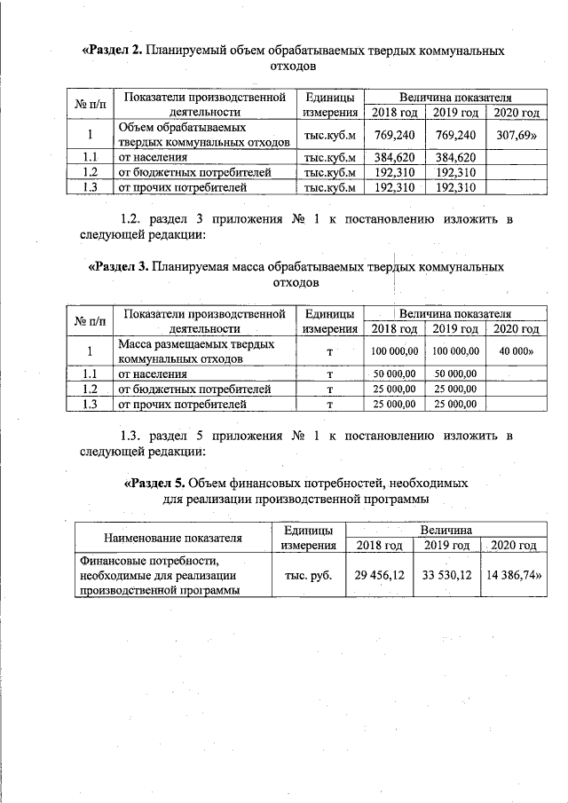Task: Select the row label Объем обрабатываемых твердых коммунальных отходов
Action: tap(203, 136)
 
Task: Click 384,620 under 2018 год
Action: tap(394, 156)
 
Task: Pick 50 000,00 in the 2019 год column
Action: tap(457, 374)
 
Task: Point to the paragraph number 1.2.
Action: tap(133, 218)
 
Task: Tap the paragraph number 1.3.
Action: tap(133, 435)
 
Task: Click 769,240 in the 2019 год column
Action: tap(457, 136)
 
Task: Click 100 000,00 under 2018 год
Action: tap(394, 351)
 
